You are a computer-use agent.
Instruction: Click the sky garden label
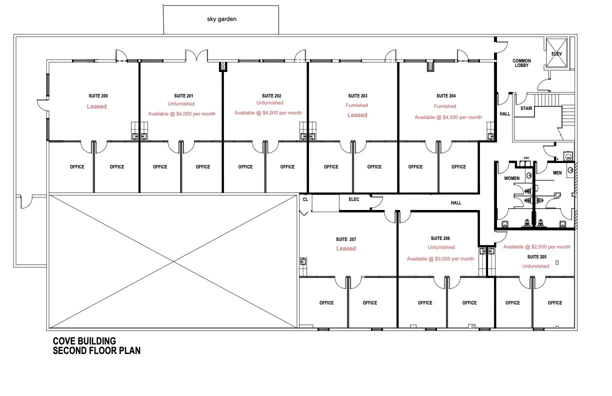pos(221,19)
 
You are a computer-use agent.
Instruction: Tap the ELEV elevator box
pos(556,52)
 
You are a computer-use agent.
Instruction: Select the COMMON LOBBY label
pos(521,63)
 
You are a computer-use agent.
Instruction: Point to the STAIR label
pos(526,108)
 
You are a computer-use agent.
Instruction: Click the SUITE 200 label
pos(98,96)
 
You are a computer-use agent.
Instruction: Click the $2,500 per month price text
pos(551,247)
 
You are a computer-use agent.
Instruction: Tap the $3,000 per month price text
pos(454,259)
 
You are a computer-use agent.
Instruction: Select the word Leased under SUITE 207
pos(346,248)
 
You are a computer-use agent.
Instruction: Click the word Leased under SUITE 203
pos(357,115)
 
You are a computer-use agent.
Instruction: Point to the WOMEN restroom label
pos(511,178)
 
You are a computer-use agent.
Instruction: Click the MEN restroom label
pos(557,172)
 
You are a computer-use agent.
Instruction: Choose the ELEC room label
pos(354,199)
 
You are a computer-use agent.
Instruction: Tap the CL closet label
pos(305,199)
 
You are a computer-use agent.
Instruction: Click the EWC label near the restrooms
pos(526,158)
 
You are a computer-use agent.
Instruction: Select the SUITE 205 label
pos(537,257)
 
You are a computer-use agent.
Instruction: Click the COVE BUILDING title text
pos(84,341)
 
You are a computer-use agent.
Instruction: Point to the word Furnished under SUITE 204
pos(445,106)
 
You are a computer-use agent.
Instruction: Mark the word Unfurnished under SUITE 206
pos(441,247)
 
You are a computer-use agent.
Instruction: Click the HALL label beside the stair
pos(504,114)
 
